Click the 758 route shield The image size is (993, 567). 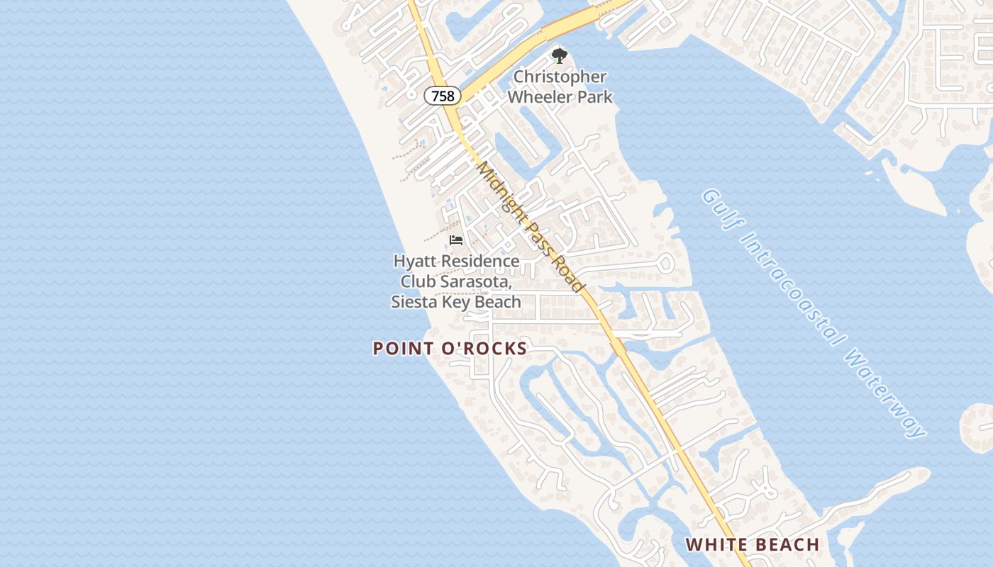(443, 96)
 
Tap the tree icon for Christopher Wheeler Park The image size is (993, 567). (560, 56)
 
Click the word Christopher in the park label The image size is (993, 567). (560, 77)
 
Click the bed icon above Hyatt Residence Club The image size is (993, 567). (456, 240)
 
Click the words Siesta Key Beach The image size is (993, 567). (456, 302)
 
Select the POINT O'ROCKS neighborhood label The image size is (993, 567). (450, 349)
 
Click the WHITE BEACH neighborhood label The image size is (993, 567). (753, 545)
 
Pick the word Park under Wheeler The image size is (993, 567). (595, 96)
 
